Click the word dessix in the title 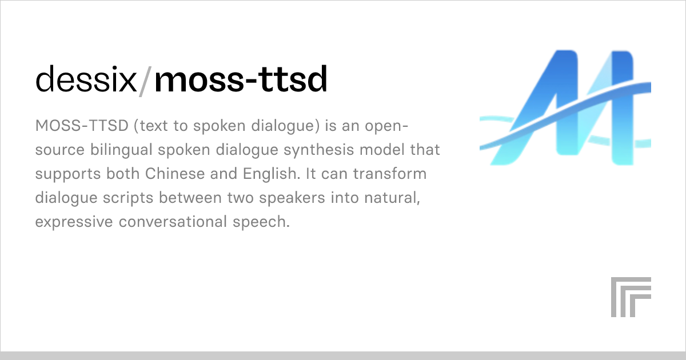tap(86, 81)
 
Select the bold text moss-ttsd tap(241, 81)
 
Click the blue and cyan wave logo tap(565, 108)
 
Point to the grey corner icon tap(631, 297)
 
